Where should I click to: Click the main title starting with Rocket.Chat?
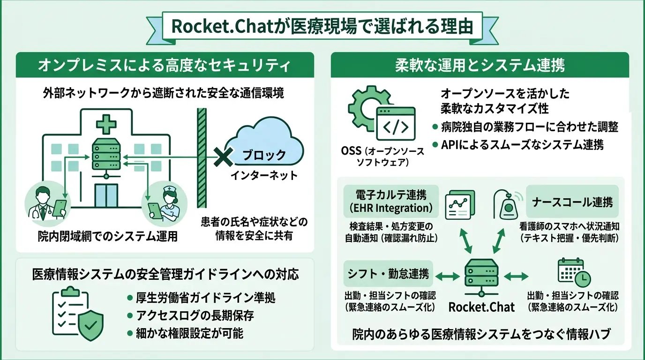coord(322,27)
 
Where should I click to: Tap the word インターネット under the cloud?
coord(264,176)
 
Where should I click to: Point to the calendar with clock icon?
coord(573,273)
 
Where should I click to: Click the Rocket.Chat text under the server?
coord(481,307)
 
